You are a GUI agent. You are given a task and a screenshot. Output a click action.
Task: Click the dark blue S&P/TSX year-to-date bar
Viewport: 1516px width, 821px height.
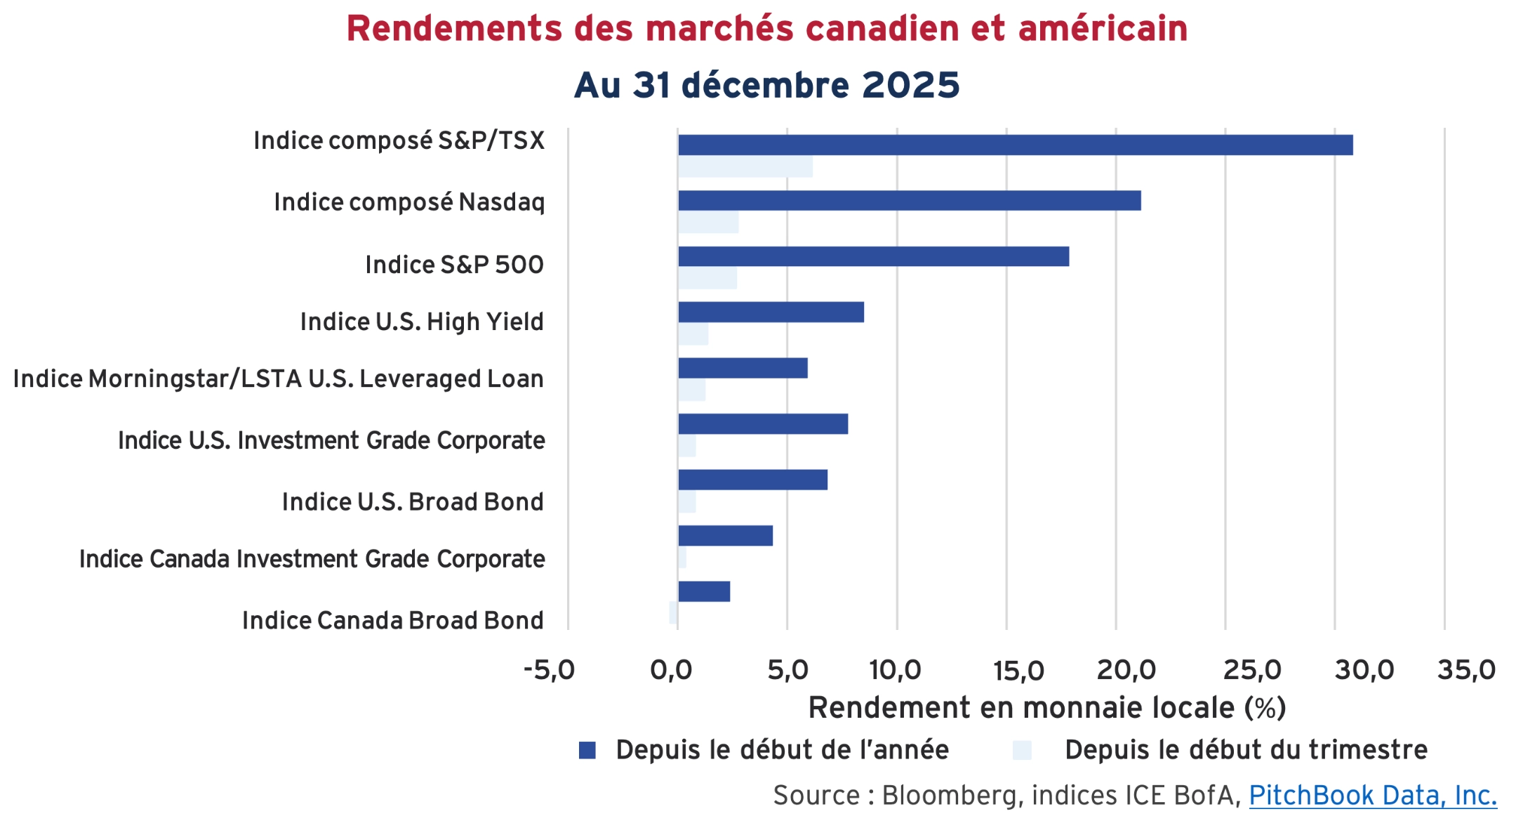pyautogui.click(x=1015, y=145)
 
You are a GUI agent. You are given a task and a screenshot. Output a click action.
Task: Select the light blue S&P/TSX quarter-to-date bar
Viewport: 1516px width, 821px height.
pyautogui.click(x=745, y=167)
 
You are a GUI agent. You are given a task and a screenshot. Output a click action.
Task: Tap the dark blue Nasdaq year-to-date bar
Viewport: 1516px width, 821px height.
pyautogui.click(x=909, y=201)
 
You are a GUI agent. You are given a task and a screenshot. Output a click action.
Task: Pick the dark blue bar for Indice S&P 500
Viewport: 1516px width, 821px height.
pyautogui.click(x=873, y=256)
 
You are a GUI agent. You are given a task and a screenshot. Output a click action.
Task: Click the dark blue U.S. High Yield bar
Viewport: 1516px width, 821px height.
pyautogui.click(x=771, y=313)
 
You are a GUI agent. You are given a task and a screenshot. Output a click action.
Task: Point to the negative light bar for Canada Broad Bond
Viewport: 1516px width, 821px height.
pyautogui.click(x=673, y=612)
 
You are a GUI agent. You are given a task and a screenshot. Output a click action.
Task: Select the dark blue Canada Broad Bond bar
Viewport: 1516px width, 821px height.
pyautogui.click(x=704, y=591)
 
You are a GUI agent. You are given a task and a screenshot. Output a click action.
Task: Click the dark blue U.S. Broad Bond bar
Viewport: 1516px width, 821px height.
pyautogui.click(x=752, y=480)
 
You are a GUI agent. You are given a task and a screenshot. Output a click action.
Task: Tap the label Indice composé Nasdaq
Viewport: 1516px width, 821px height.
pyautogui.click(x=409, y=202)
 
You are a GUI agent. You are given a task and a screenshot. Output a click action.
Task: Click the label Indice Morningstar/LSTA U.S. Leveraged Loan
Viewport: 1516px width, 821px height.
pyautogui.click(x=278, y=379)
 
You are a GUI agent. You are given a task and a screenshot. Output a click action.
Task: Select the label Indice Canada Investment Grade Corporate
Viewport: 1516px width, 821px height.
pyautogui.click(x=312, y=559)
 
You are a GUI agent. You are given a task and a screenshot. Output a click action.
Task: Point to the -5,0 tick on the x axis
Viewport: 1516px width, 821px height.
pyautogui.click(x=549, y=670)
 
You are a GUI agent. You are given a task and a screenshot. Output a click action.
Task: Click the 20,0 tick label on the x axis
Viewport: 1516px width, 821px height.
pyautogui.click(x=1126, y=670)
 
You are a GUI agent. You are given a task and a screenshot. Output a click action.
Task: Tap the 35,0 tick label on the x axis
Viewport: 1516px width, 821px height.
pyautogui.click(x=1466, y=670)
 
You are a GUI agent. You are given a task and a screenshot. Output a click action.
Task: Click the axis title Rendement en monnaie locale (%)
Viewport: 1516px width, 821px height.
pyautogui.click(x=1046, y=707)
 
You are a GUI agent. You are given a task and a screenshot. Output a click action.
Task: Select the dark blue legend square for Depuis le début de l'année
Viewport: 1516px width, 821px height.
pyautogui.click(x=587, y=751)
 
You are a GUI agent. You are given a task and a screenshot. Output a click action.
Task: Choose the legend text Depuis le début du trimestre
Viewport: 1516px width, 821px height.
pyautogui.click(x=1246, y=750)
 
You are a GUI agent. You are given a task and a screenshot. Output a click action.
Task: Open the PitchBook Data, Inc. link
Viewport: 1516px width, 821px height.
pyautogui.click(x=1372, y=796)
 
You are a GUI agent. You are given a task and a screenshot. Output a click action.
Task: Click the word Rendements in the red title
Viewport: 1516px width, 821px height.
pyautogui.click(x=454, y=29)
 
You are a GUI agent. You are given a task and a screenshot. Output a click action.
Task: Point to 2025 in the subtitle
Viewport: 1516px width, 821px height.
pyautogui.click(x=910, y=86)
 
